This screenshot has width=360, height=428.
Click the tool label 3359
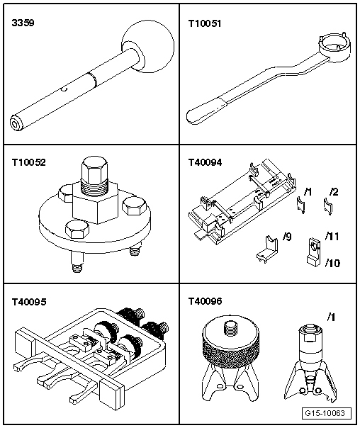tap(23, 23)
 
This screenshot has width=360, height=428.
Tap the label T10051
tap(205, 23)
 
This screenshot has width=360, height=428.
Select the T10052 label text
tap(28, 162)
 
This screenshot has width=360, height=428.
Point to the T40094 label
tap(205, 162)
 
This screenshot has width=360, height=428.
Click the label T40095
tap(29, 302)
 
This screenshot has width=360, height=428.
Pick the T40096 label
tap(205, 301)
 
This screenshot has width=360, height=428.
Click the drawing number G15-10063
tap(327, 413)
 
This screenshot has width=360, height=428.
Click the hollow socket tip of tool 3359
tap(15, 123)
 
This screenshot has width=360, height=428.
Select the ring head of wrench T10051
tap(334, 46)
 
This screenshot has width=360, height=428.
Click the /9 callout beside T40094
tap(287, 237)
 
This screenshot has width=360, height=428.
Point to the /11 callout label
tap(332, 237)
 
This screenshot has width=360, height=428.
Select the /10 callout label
tap(332, 263)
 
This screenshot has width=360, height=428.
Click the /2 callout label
tap(334, 192)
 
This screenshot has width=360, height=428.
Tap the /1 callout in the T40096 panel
tap(331, 317)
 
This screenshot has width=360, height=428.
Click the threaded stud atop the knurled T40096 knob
tap(230, 328)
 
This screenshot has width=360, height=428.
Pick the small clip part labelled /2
tap(327, 206)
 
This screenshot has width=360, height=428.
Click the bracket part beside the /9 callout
tap(267, 249)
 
